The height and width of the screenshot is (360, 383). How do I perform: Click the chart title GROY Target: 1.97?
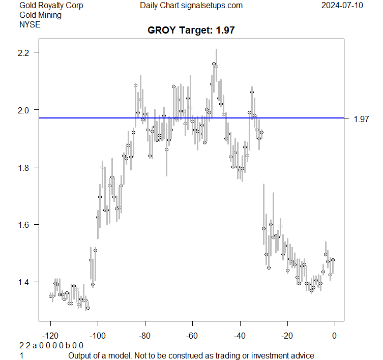(191, 31)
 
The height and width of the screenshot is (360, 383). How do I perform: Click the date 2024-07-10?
(342, 6)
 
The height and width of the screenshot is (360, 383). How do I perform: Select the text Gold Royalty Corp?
(51, 6)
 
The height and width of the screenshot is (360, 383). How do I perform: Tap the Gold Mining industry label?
(40, 15)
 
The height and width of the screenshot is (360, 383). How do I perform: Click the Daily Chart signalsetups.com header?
(191, 6)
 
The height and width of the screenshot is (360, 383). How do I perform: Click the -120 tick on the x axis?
(50, 336)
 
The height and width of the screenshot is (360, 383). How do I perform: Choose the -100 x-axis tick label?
(98, 336)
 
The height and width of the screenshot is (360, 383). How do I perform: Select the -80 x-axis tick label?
(145, 336)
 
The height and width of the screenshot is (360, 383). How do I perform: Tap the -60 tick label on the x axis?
(192, 336)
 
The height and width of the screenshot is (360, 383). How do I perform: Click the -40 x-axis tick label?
(240, 336)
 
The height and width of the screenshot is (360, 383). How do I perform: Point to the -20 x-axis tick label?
(287, 336)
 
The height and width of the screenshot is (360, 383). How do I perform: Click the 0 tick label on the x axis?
(334, 336)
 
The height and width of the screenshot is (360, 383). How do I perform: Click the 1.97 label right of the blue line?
(361, 119)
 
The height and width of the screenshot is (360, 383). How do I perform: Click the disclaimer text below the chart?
(191, 355)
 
